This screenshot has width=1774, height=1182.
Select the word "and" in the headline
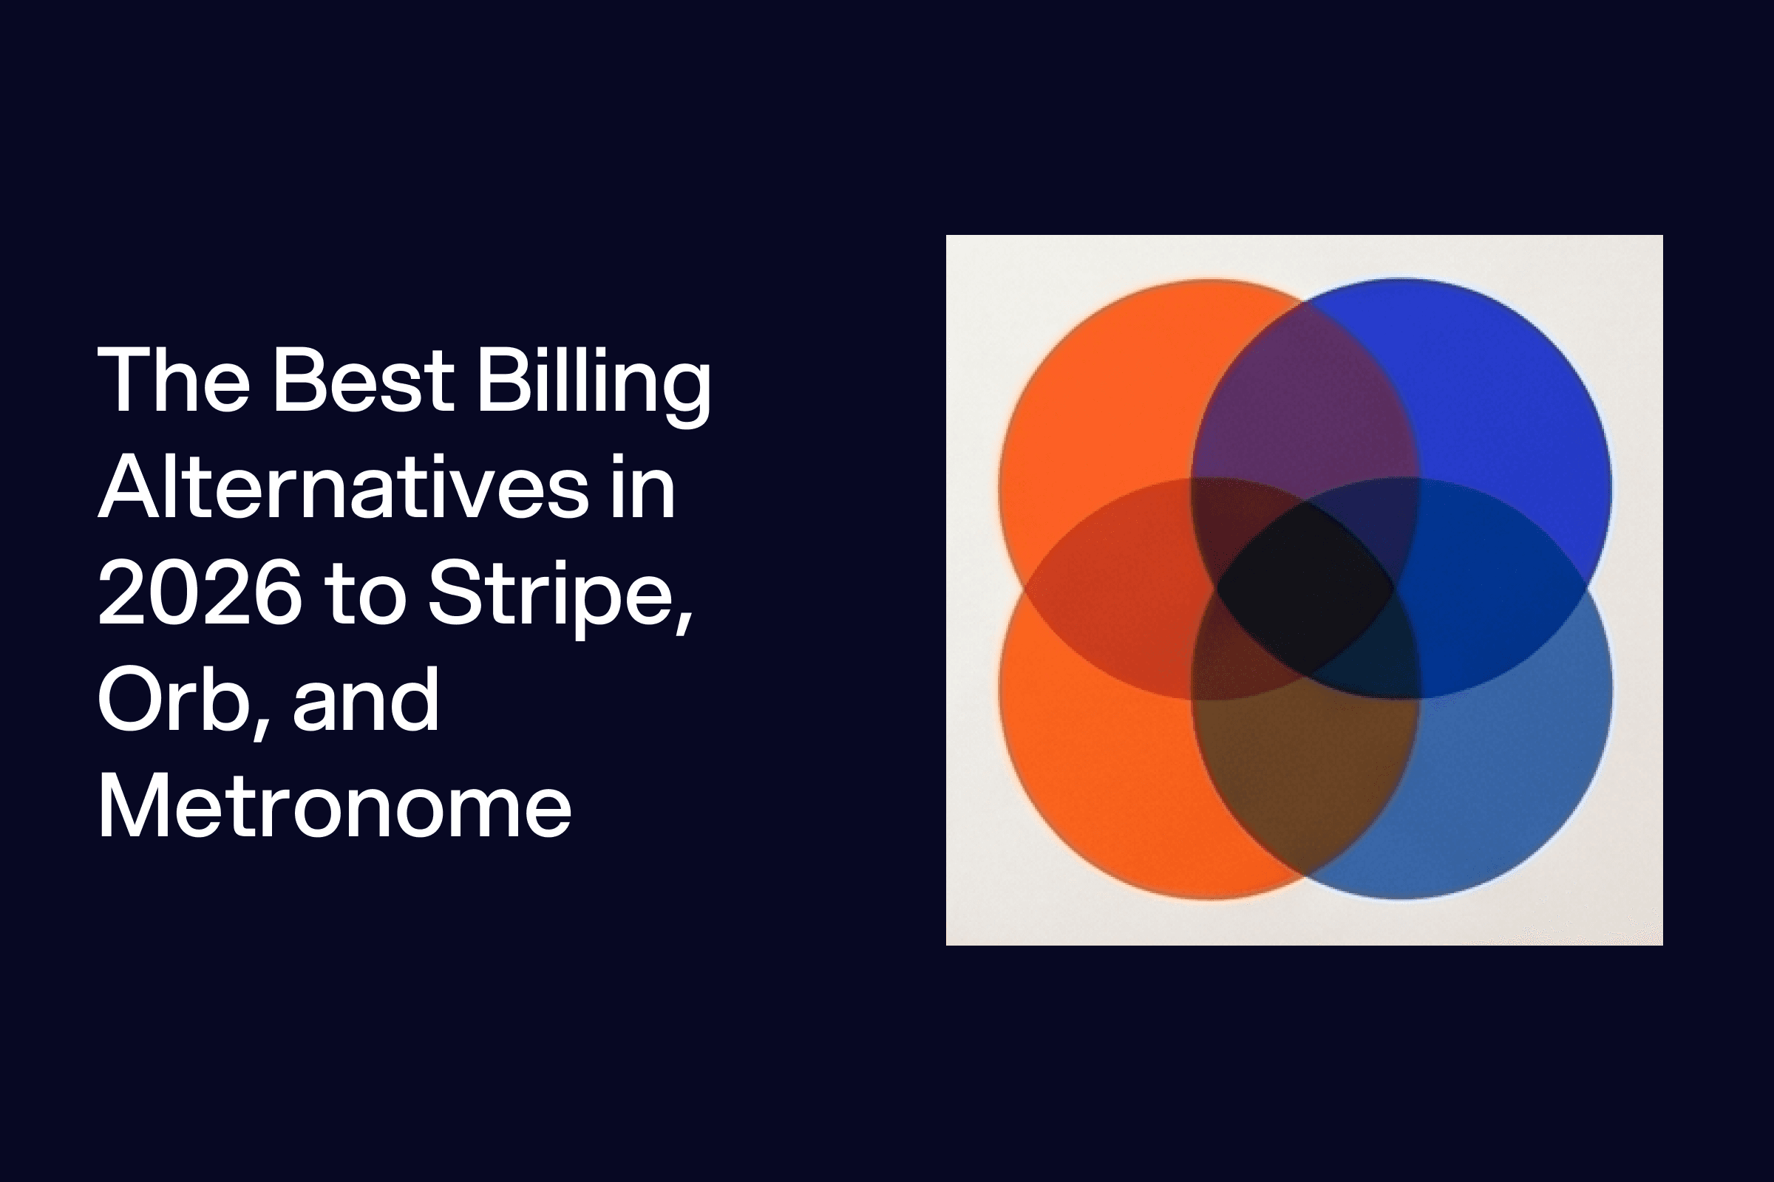tap(366, 700)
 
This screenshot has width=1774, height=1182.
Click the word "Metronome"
tap(335, 807)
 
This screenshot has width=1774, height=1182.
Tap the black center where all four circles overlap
tap(1305, 588)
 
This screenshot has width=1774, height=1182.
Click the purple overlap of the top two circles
tap(1304, 400)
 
